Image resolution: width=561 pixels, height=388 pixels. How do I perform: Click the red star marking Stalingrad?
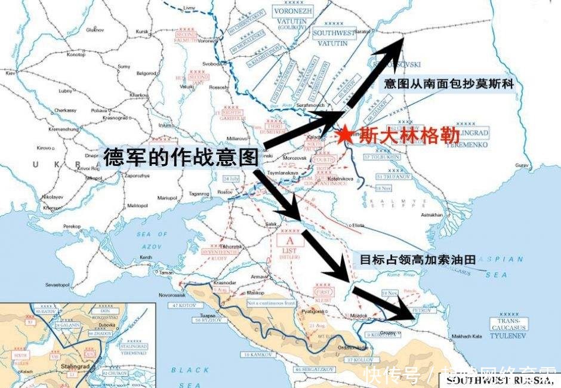click(344, 136)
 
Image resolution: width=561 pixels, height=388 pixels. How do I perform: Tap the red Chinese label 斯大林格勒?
click(394, 136)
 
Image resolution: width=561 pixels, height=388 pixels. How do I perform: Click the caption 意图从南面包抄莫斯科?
click(448, 84)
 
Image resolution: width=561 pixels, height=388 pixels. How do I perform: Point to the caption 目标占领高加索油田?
click(417, 260)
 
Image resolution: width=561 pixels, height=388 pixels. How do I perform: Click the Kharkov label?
click(138, 95)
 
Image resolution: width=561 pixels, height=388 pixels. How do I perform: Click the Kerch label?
click(146, 257)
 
